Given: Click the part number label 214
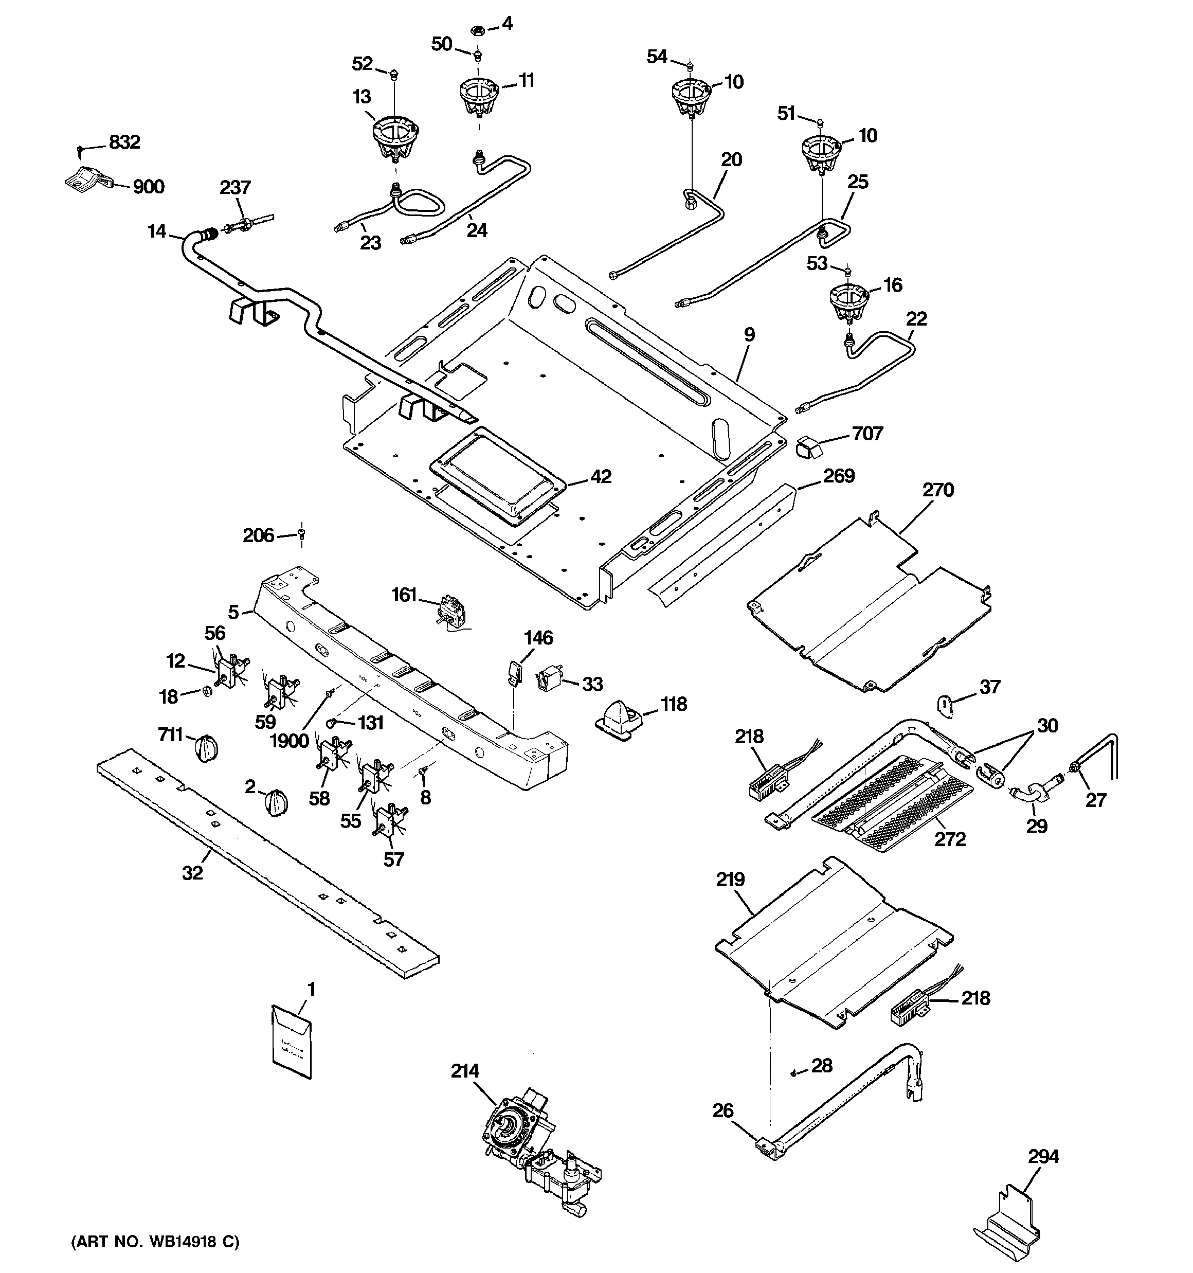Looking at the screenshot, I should (x=465, y=1071).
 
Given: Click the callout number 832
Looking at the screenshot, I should (x=124, y=142).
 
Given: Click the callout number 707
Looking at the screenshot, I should (x=867, y=434).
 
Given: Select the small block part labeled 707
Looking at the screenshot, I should (x=808, y=446).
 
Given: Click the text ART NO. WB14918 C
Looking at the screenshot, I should (x=154, y=1242).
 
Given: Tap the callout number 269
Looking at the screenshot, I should (x=838, y=476).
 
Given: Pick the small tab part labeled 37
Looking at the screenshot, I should (x=945, y=704).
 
